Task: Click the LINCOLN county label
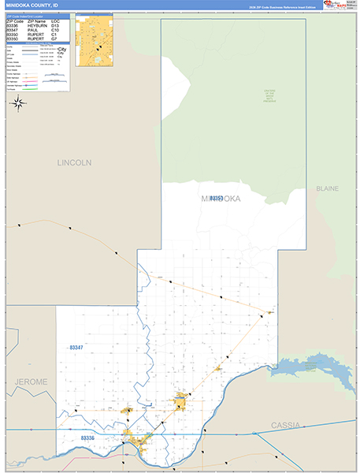pyautogui.click(x=74, y=162)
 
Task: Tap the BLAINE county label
pyautogui.click(x=327, y=189)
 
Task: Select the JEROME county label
pyautogui.click(x=31, y=382)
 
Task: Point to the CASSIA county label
pyautogui.click(x=285, y=425)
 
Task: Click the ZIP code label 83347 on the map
pyautogui.click(x=76, y=347)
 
